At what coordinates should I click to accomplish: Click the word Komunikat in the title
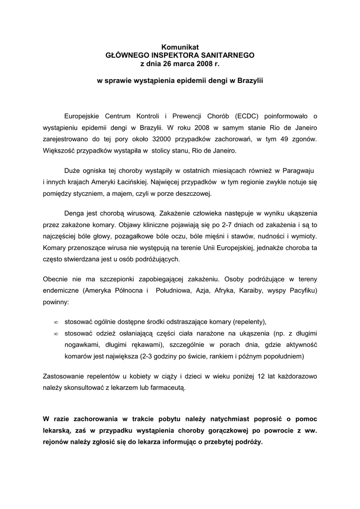point(180,47)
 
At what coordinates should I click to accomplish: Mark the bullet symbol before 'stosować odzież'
point(56,334)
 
